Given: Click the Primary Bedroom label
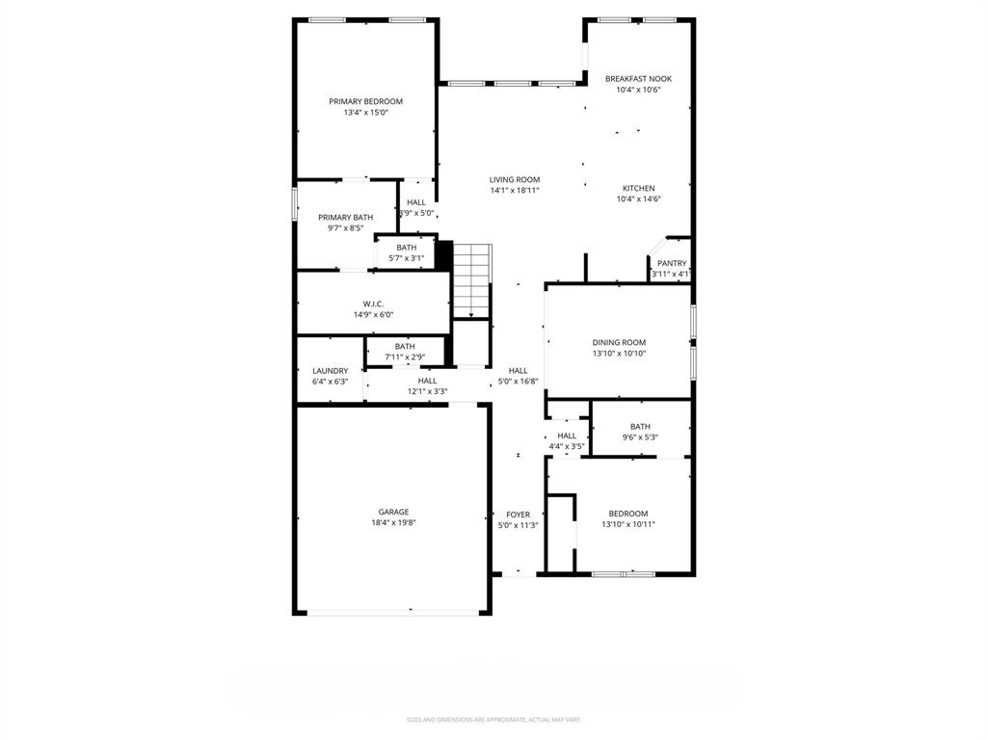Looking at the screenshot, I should (365, 101).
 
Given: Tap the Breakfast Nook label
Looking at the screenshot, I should (638, 79).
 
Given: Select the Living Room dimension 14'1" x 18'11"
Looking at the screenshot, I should (514, 191).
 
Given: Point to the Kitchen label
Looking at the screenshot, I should (638, 189).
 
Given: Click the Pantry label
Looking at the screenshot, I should (672, 263).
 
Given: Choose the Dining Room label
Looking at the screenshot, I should (619, 342).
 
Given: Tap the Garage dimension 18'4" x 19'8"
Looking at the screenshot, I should (393, 523).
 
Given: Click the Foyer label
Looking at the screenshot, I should (518, 515).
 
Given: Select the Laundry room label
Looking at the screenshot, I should (330, 370).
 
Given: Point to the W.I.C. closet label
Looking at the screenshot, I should (373, 304).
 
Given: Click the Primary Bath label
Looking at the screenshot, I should (345, 218).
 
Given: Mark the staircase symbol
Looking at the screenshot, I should (471, 279).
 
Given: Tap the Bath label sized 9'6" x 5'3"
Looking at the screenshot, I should (640, 426).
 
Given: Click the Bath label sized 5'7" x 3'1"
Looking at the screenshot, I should (406, 248).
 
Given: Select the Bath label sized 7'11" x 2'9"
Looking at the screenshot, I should (405, 347).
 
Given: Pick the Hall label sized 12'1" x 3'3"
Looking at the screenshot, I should (427, 381).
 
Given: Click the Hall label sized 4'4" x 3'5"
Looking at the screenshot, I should (567, 436).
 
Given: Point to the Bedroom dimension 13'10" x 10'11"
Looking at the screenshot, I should (627, 524).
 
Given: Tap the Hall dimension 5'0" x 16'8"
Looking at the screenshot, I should (518, 382).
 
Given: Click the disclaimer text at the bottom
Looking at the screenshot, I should (493, 720).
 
